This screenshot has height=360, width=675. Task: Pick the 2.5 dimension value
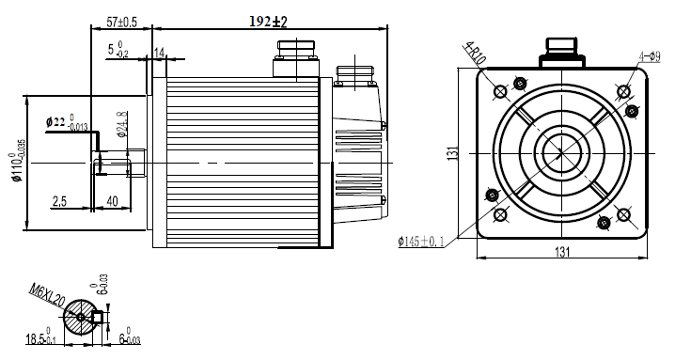pos(59,201)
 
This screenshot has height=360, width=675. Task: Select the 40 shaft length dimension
pos(113,201)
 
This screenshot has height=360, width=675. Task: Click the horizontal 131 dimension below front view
pos(562,252)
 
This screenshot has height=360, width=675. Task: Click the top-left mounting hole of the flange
pos(500,91)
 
